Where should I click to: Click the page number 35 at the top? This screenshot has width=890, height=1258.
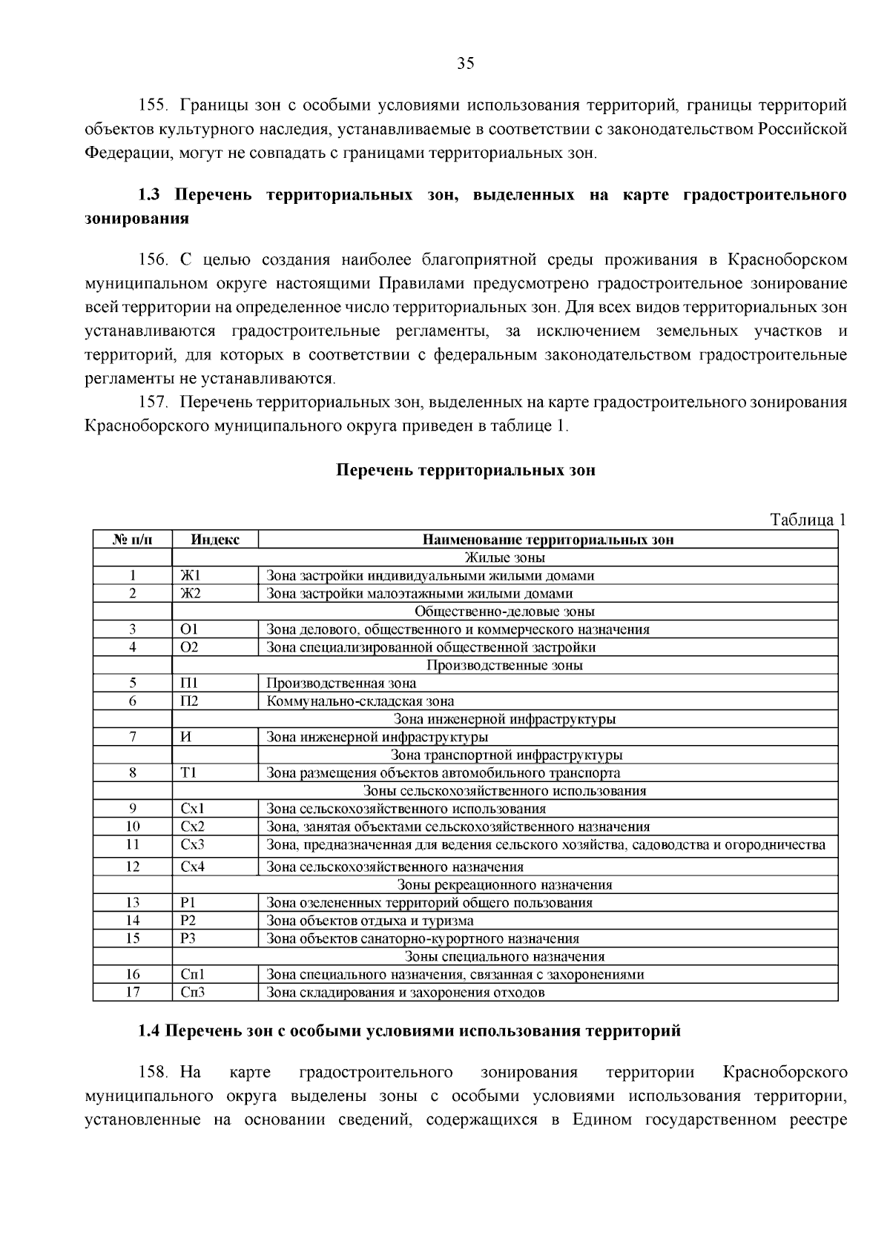coord(465,63)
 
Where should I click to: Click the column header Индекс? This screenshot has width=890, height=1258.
coord(215,540)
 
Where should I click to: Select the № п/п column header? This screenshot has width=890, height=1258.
coord(133,540)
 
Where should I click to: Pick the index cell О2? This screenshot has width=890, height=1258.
coord(190,647)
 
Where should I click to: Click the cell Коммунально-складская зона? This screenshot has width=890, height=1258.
coord(360,701)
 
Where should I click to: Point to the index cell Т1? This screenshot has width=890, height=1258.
coord(188,772)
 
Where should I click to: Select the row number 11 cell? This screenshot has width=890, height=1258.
coord(133,844)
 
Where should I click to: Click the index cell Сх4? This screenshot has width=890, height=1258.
coord(193,867)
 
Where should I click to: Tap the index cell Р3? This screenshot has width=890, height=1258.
coord(188,938)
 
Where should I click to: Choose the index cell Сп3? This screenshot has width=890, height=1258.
coord(193,993)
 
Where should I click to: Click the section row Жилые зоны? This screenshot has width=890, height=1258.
coord(504,557)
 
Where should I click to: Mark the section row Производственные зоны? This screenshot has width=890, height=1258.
coord(504,665)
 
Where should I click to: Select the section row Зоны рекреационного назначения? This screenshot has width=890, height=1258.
coord(504,884)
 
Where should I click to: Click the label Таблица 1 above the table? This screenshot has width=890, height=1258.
coord(808,520)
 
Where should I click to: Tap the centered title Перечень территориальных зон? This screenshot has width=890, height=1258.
coord(466,471)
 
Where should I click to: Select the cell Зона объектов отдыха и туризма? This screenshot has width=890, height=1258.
coord(370,921)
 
